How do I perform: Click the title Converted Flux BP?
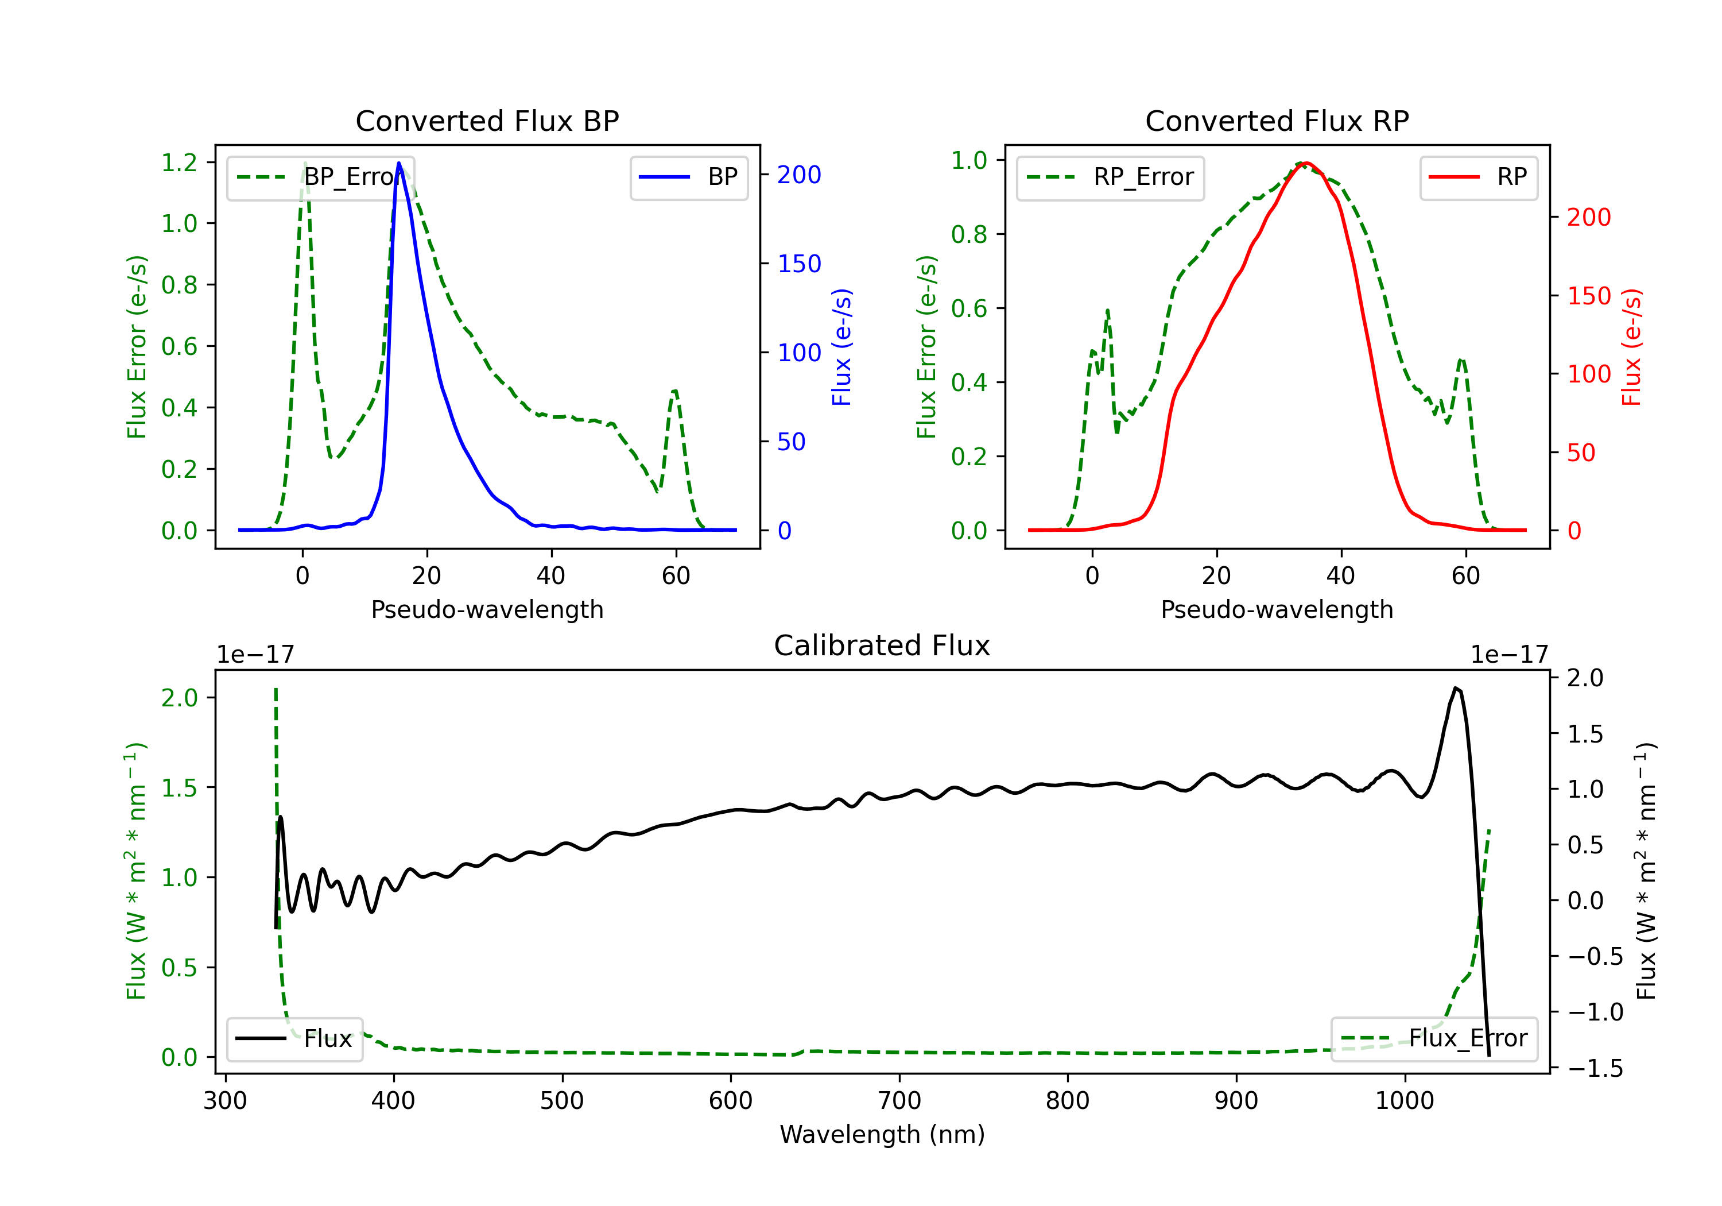[487, 121]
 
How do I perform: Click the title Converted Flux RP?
[1277, 121]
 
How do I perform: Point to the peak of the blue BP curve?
[399, 163]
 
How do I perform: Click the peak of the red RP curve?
[1306, 163]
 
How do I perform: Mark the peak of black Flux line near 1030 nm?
[1456, 687]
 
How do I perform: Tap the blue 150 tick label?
[799, 264]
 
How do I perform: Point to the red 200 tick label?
[1588, 218]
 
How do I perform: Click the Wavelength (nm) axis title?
[882, 1134]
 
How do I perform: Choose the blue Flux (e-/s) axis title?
[841, 347]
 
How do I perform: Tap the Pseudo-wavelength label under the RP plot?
[1277, 609]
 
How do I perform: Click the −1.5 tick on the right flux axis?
[1595, 1068]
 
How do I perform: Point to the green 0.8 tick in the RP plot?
[969, 234]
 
